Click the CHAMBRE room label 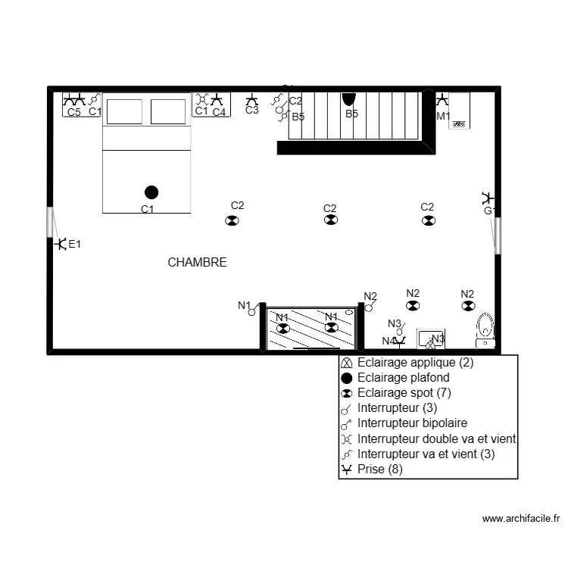(x=197, y=263)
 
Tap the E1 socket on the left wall (x=60, y=244)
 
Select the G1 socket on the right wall (x=487, y=199)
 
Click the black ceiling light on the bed (x=151, y=192)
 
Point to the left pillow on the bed (x=124, y=111)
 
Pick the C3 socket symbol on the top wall (x=252, y=100)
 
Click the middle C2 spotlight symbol (x=330, y=220)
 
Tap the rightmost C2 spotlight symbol (x=428, y=220)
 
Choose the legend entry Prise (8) (x=379, y=470)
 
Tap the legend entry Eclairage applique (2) (x=415, y=363)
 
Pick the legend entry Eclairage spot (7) (x=404, y=393)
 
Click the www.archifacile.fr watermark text (x=520, y=519)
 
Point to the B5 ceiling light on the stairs (x=349, y=98)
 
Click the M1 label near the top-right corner (x=443, y=117)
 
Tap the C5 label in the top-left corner (x=73, y=112)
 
